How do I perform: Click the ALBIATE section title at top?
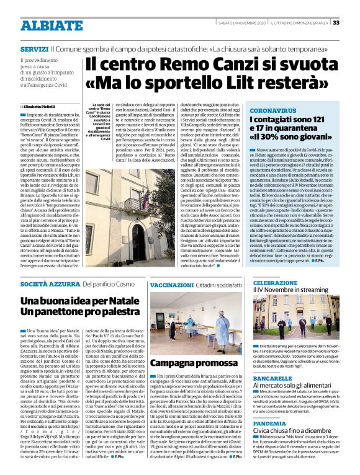pyautogui.click(x=43, y=25)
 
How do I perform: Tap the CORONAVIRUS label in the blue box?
pyautogui.click(x=254, y=110)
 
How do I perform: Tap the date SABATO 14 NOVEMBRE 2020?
pyautogui.click(x=241, y=22)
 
